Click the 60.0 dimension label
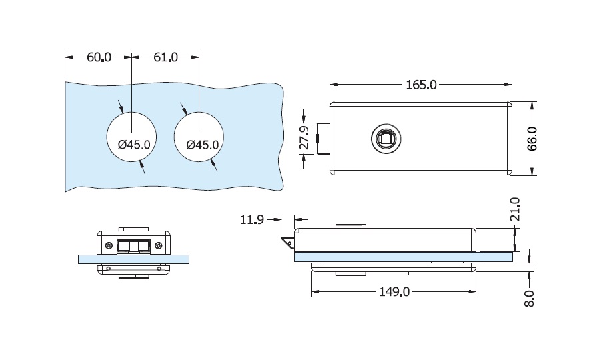click(x=99, y=57)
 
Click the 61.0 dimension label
click(x=165, y=57)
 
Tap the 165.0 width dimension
click(x=421, y=85)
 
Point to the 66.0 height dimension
click(x=532, y=139)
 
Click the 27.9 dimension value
click(x=304, y=139)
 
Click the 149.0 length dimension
click(x=394, y=292)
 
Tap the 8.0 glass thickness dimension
click(x=530, y=297)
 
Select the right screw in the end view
click(x=159, y=246)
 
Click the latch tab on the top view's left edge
click(x=324, y=139)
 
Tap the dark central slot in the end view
click(x=133, y=246)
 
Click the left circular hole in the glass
click(x=132, y=137)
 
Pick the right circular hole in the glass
click(x=199, y=137)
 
